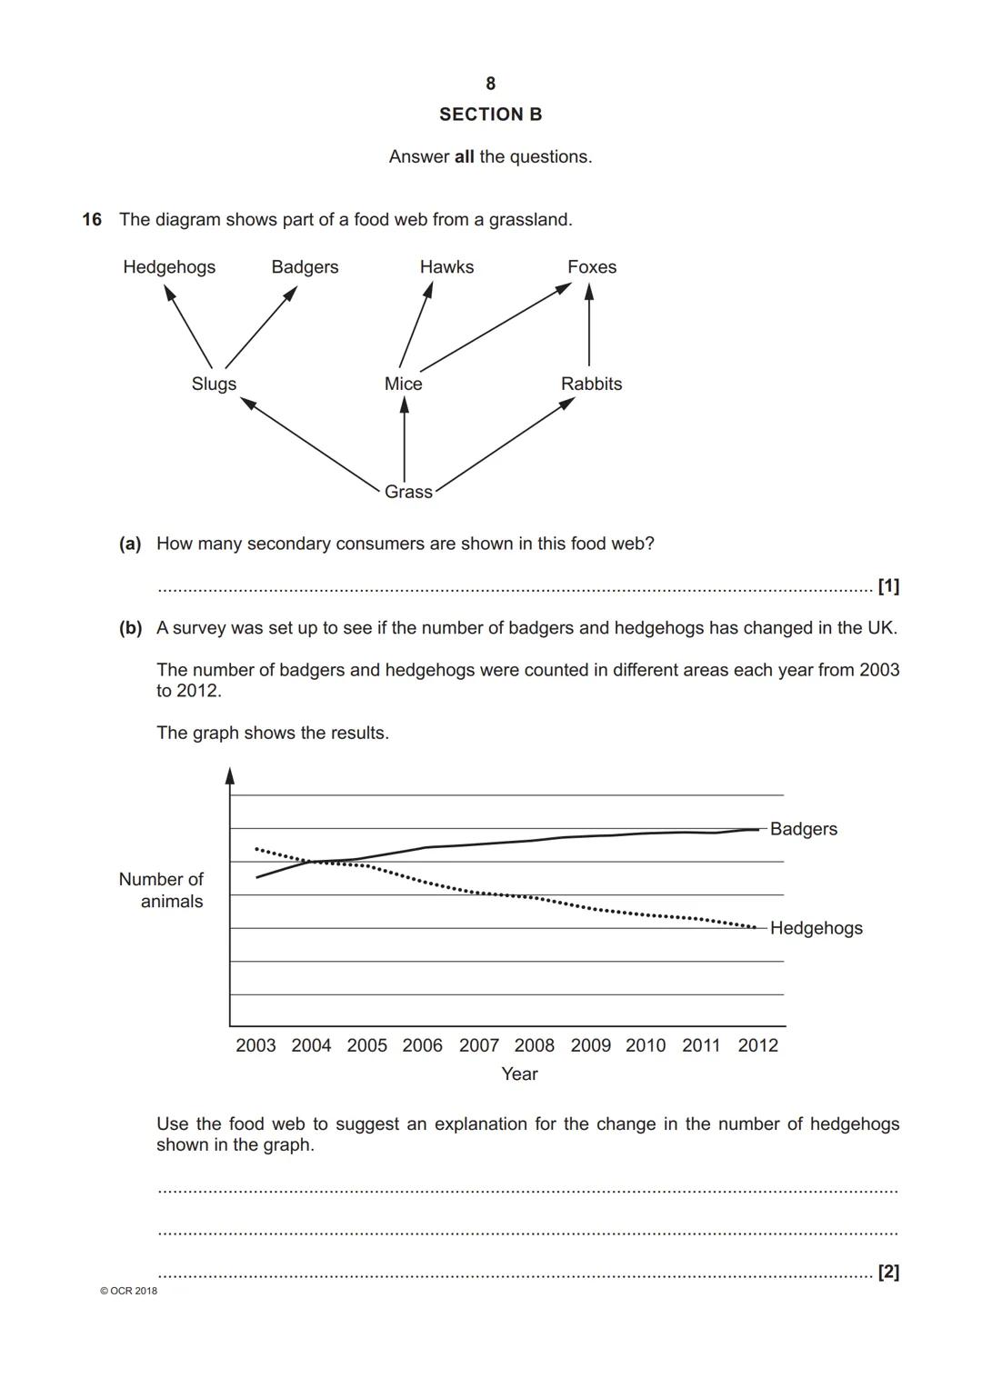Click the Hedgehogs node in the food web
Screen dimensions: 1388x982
[169, 267]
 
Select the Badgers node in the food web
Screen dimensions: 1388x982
[305, 267]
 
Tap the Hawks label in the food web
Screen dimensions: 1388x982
[446, 267]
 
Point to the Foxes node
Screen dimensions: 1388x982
[592, 267]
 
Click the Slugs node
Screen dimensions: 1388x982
[214, 384]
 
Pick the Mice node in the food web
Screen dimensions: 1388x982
[403, 384]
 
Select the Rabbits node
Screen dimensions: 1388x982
[591, 384]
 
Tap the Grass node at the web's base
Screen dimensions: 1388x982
[408, 492]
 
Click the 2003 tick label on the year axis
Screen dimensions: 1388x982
[256, 1045]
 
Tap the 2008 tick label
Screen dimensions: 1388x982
[535, 1045]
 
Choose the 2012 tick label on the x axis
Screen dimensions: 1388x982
[757, 1045]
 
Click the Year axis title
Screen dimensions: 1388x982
[519, 1073]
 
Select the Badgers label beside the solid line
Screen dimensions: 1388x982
[804, 829]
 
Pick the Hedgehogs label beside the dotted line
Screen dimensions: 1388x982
[816, 928]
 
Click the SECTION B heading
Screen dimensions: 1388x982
[490, 115]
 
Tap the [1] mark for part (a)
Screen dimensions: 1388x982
[888, 586]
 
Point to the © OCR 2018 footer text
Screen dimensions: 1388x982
[128, 1291]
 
